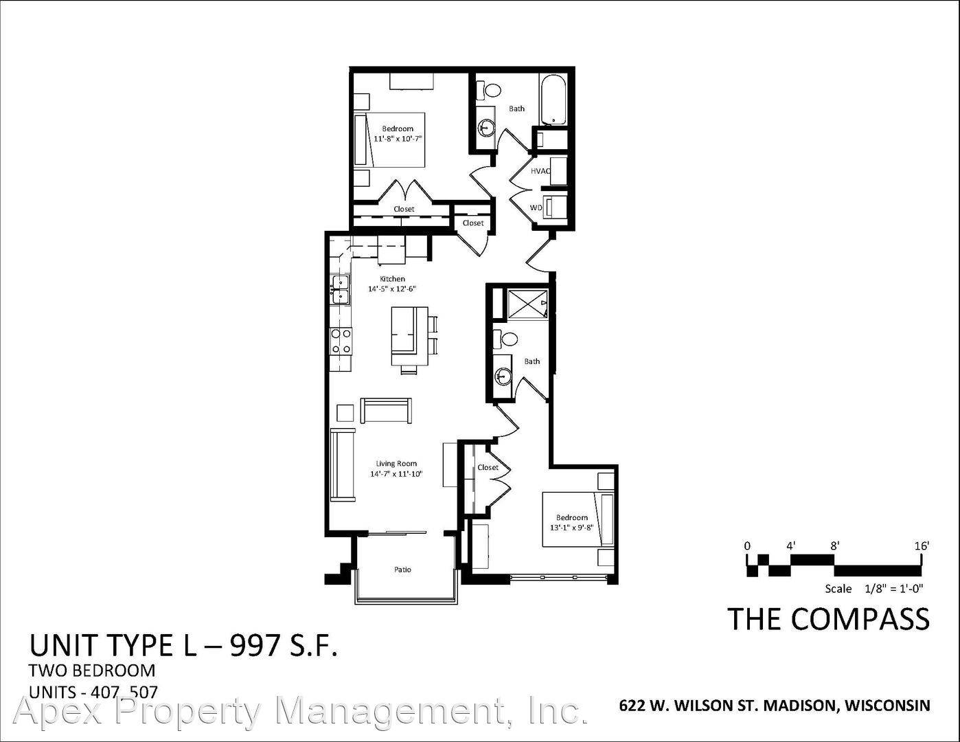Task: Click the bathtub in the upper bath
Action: point(553,100)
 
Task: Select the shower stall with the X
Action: point(527,303)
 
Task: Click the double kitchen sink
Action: point(340,289)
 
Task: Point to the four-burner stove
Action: point(341,341)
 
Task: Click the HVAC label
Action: point(540,170)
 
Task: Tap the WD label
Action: point(536,207)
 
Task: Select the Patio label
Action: point(402,570)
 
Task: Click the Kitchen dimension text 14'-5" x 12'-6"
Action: point(393,289)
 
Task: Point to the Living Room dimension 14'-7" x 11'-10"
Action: point(397,474)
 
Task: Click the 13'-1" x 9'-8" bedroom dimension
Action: point(571,528)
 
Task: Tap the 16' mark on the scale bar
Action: point(922,546)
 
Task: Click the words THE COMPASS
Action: point(828,619)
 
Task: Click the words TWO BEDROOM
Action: point(92,671)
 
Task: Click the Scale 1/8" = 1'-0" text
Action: point(874,589)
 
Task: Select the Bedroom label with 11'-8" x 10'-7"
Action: point(398,133)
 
